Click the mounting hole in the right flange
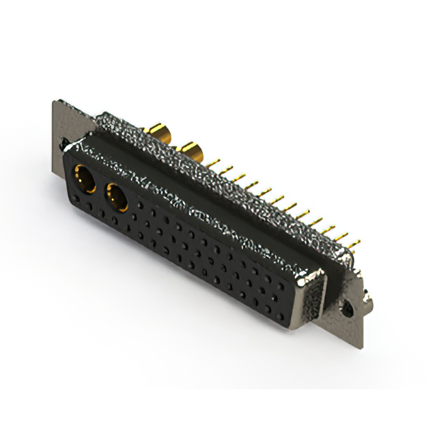point(354,305)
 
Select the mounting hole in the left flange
point(64,145)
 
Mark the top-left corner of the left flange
point(55,102)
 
